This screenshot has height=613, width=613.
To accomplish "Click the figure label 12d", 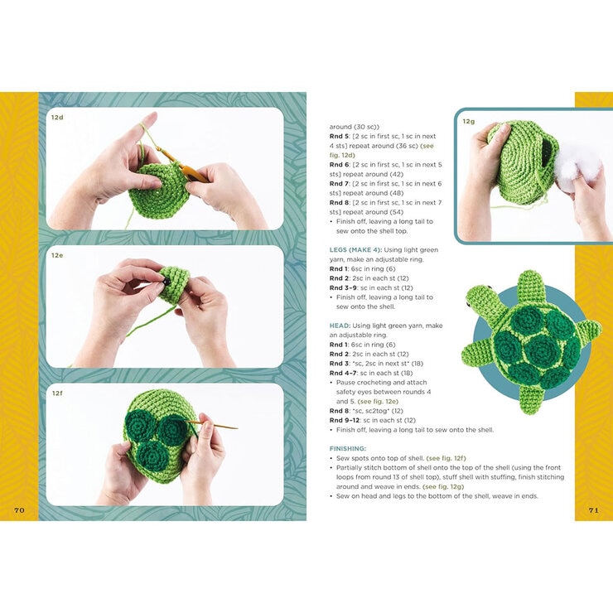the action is (57, 118).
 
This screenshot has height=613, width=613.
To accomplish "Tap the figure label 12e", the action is (57, 255).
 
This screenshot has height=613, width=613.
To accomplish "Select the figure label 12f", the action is (57, 393).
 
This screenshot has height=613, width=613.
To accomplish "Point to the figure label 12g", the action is (468, 122).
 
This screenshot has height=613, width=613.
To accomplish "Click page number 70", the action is (19, 510).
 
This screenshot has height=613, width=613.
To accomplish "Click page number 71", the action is (593, 510).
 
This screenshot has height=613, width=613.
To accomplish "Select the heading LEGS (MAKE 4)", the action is (355, 250).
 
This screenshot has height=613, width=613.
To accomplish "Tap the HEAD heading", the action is (340, 326).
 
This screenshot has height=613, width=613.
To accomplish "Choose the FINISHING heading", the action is (348, 449).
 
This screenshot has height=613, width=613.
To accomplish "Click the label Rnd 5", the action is (339, 137).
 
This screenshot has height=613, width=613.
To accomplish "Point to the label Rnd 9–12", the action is (345, 420).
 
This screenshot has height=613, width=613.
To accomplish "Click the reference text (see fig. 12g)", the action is (443, 487).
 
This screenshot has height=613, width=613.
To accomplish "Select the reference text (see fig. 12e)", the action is (378, 402).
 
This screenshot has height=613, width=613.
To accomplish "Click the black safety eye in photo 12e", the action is (167, 282).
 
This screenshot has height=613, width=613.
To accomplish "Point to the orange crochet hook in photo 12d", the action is (183, 162).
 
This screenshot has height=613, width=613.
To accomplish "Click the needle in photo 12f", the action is (212, 424).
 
